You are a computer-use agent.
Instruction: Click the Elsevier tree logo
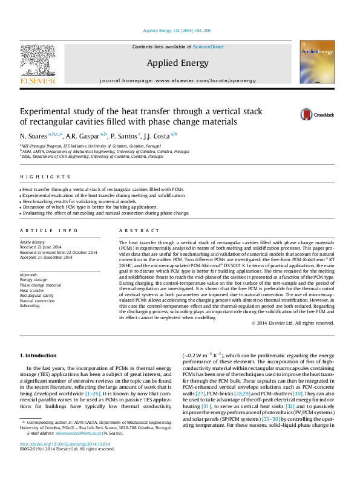point(38,62)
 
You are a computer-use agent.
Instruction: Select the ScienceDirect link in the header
point(208,47)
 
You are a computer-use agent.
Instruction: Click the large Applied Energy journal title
point(177,63)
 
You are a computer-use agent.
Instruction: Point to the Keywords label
point(29,275)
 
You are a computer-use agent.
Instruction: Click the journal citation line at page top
point(177,30)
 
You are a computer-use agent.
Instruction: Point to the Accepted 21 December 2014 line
point(46,258)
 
